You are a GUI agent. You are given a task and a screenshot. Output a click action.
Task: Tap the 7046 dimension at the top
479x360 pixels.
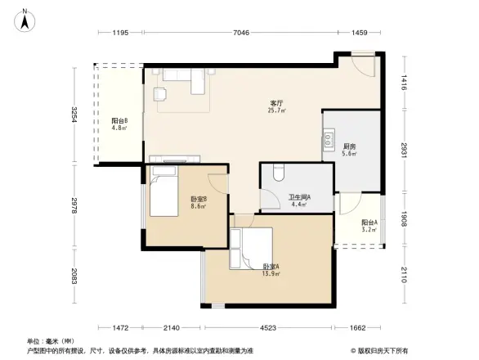pos(239,33)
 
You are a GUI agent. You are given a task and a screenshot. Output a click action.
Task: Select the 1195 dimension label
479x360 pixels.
pos(121,33)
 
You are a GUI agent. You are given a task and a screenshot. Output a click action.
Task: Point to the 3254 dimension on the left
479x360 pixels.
pos(74,115)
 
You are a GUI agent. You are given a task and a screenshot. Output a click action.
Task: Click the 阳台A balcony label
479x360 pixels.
pos(369,223)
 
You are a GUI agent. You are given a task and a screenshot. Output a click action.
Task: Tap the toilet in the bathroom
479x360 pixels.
pos(277,172)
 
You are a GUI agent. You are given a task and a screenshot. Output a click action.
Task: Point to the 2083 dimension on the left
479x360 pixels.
pos(74,279)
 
